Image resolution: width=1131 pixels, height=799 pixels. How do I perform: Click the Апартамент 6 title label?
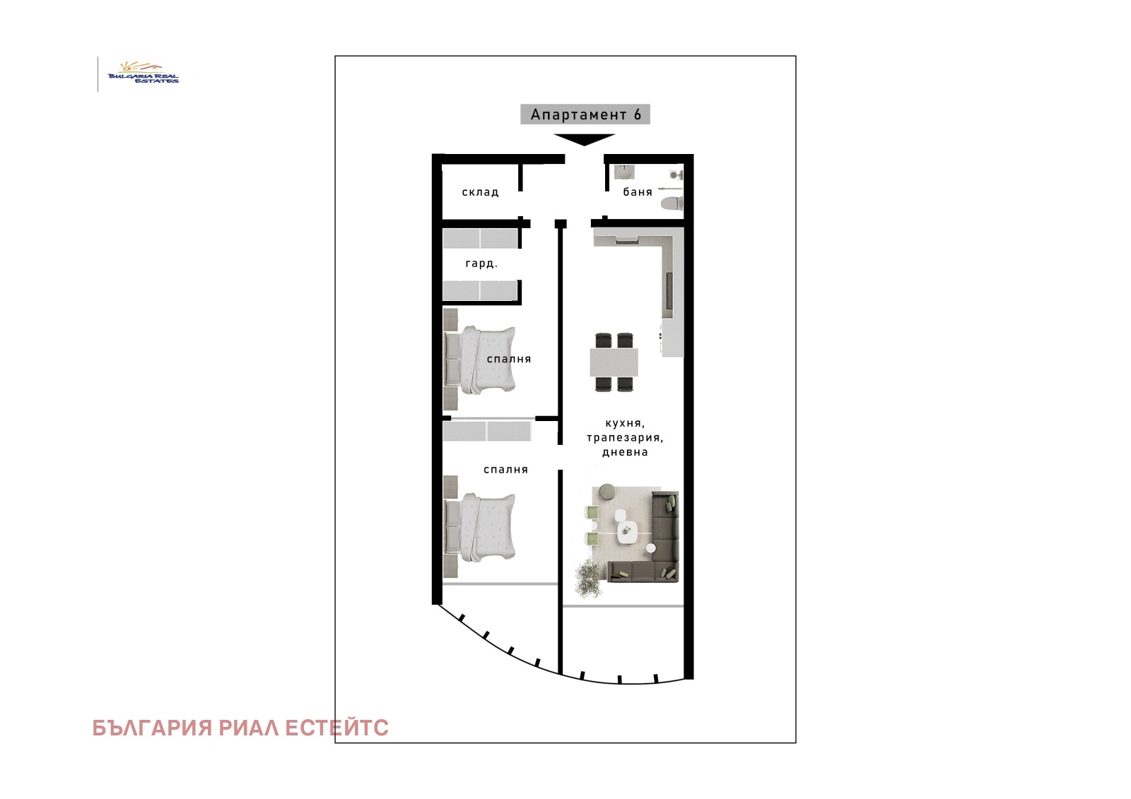coord(585,114)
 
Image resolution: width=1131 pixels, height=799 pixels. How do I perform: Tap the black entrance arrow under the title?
coord(584,139)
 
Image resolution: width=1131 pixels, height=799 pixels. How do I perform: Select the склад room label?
coord(480,192)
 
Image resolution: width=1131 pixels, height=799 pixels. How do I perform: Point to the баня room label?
coord(637,191)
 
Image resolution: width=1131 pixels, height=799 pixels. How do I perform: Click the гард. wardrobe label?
coord(481,264)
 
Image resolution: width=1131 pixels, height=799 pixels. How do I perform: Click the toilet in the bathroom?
coord(672,203)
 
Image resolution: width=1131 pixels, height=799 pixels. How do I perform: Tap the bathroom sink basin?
coord(625,172)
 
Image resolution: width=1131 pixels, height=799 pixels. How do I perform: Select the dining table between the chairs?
coord(614,362)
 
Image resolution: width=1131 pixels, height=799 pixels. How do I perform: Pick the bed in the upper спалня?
coord(480,360)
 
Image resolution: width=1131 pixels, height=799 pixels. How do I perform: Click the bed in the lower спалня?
coord(480,527)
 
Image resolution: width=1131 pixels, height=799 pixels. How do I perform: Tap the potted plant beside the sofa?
coord(588,579)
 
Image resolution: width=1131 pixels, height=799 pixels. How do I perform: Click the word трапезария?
coord(625,437)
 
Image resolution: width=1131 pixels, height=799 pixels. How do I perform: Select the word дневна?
coord(625,452)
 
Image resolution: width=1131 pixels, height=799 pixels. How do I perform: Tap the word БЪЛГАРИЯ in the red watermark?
coord(152,728)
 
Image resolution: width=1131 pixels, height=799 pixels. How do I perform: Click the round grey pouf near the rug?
coord(604,492)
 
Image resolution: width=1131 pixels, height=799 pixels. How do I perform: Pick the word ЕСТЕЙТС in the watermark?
coord(336,728)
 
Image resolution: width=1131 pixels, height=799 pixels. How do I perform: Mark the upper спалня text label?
coord(509,360)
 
